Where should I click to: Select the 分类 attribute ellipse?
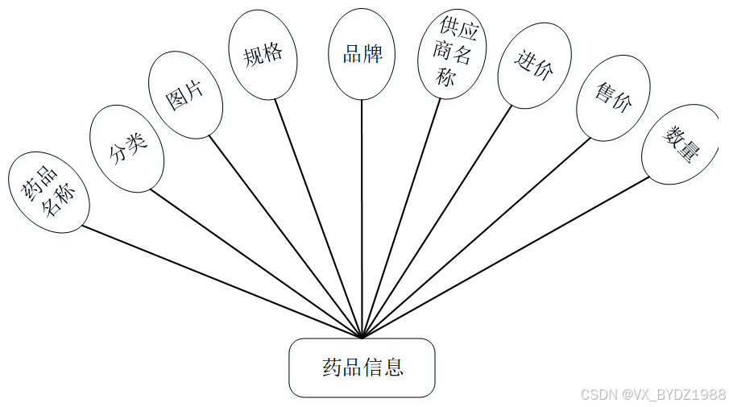127,148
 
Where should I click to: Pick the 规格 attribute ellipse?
263,55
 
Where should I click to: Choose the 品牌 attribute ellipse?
361,54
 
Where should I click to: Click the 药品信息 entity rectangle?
362,368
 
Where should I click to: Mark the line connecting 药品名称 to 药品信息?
222,281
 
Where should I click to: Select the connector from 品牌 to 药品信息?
362,218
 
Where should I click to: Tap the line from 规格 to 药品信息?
319,218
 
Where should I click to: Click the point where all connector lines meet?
362,337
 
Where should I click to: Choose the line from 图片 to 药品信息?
286,235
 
